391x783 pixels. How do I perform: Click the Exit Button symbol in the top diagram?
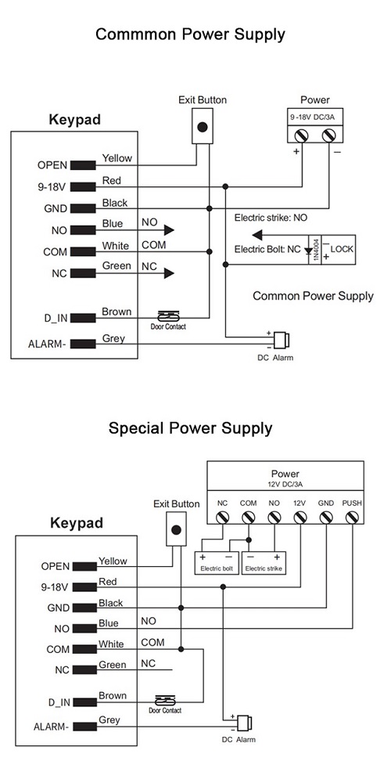202,127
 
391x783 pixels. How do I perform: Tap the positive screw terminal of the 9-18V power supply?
302,135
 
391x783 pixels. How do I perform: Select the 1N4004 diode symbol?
314,249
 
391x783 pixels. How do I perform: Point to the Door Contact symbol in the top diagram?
168,316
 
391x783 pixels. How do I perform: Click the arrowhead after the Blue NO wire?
169,230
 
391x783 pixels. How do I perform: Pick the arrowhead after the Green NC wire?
169,273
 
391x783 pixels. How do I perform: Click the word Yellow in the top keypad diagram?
117,158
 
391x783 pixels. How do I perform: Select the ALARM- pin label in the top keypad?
48,344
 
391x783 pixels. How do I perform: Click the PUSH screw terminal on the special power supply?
352,518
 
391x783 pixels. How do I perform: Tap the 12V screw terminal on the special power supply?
300,518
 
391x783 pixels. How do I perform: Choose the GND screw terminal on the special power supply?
326,518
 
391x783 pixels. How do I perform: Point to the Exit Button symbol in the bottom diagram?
175,530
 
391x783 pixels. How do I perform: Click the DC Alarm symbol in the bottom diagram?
243,723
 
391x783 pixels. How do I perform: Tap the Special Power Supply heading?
191,428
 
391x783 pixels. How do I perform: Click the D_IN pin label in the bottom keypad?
59,702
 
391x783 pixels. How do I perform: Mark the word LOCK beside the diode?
342,248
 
